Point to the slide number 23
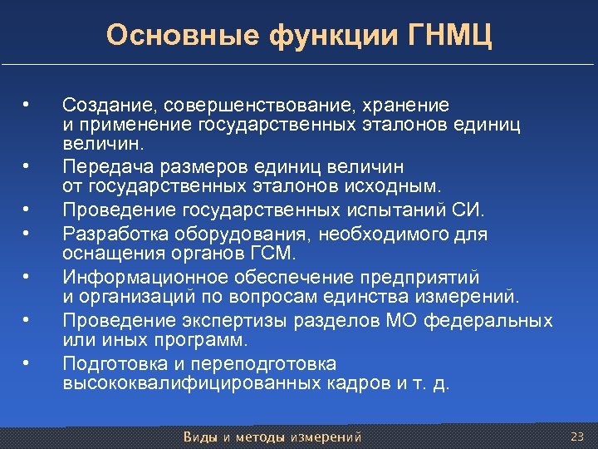tap(578, 437)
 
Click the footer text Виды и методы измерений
tap(272, 437)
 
